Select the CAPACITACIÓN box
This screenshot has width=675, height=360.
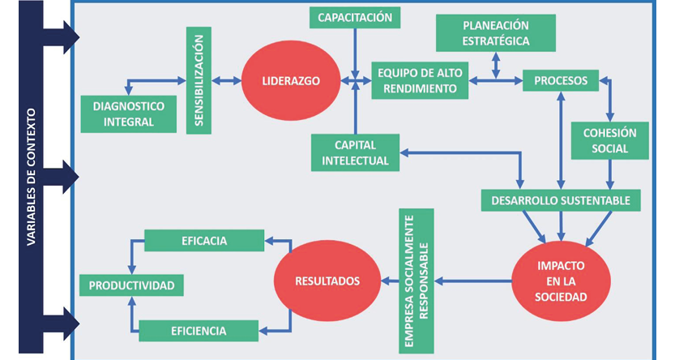click(x=355, y=17)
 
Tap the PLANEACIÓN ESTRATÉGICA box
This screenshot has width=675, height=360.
click(x=495, y=32)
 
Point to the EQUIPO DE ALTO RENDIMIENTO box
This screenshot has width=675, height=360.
click(x=420, y=80)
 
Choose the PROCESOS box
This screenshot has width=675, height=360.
click(x=561, y=80)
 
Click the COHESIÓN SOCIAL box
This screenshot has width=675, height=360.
click(x=610, y=140)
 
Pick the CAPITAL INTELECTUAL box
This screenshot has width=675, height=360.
click(x=355, y=152)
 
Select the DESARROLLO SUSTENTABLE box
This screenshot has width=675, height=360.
click(x=561, y=199)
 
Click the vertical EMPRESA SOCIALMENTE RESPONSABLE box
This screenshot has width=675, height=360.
click(x=416, y=281)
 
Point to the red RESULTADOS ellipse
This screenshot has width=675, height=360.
click(x=327, y=281)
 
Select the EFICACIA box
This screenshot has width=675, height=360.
click(x=204, y=241)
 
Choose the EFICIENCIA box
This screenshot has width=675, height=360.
click(x=199, y=330)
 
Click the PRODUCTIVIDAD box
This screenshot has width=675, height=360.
click(x=131, y=285)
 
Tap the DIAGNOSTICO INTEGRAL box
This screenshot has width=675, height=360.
click(x=129, y=114)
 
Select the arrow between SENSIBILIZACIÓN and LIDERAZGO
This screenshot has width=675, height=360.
click(x=226, y=80)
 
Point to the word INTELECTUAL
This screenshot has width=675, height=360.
click(x=355, y=161)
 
